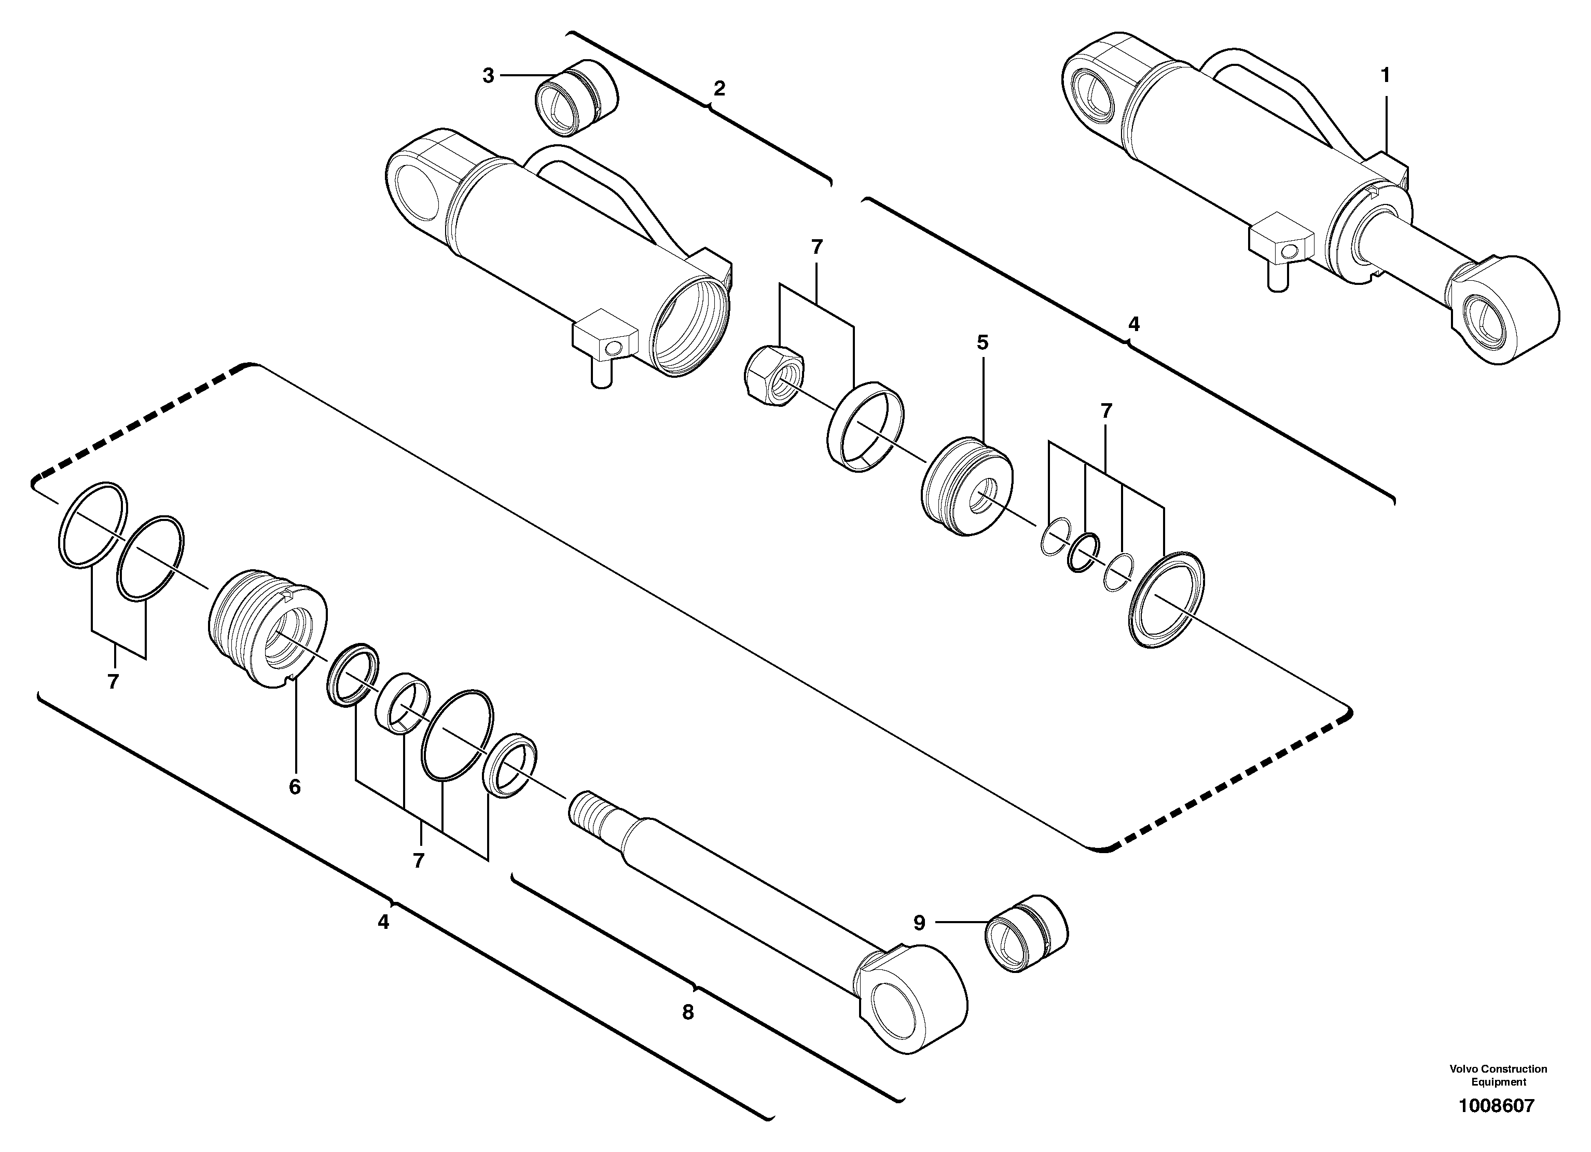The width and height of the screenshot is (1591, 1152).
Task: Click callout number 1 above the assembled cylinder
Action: click(1385, 75)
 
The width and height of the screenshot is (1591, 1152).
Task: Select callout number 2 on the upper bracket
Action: click(719, 89)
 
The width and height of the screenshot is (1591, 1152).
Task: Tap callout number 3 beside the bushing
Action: click(488, 76)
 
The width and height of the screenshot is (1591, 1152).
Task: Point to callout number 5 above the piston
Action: click(982, 342)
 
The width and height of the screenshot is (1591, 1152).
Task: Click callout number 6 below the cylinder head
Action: click(295, 787)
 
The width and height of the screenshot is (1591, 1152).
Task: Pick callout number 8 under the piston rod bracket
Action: click(687, 1012)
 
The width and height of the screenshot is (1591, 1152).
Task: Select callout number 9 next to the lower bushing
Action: click(919, 923)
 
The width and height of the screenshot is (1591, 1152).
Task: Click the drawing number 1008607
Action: click(1496, 1106)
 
